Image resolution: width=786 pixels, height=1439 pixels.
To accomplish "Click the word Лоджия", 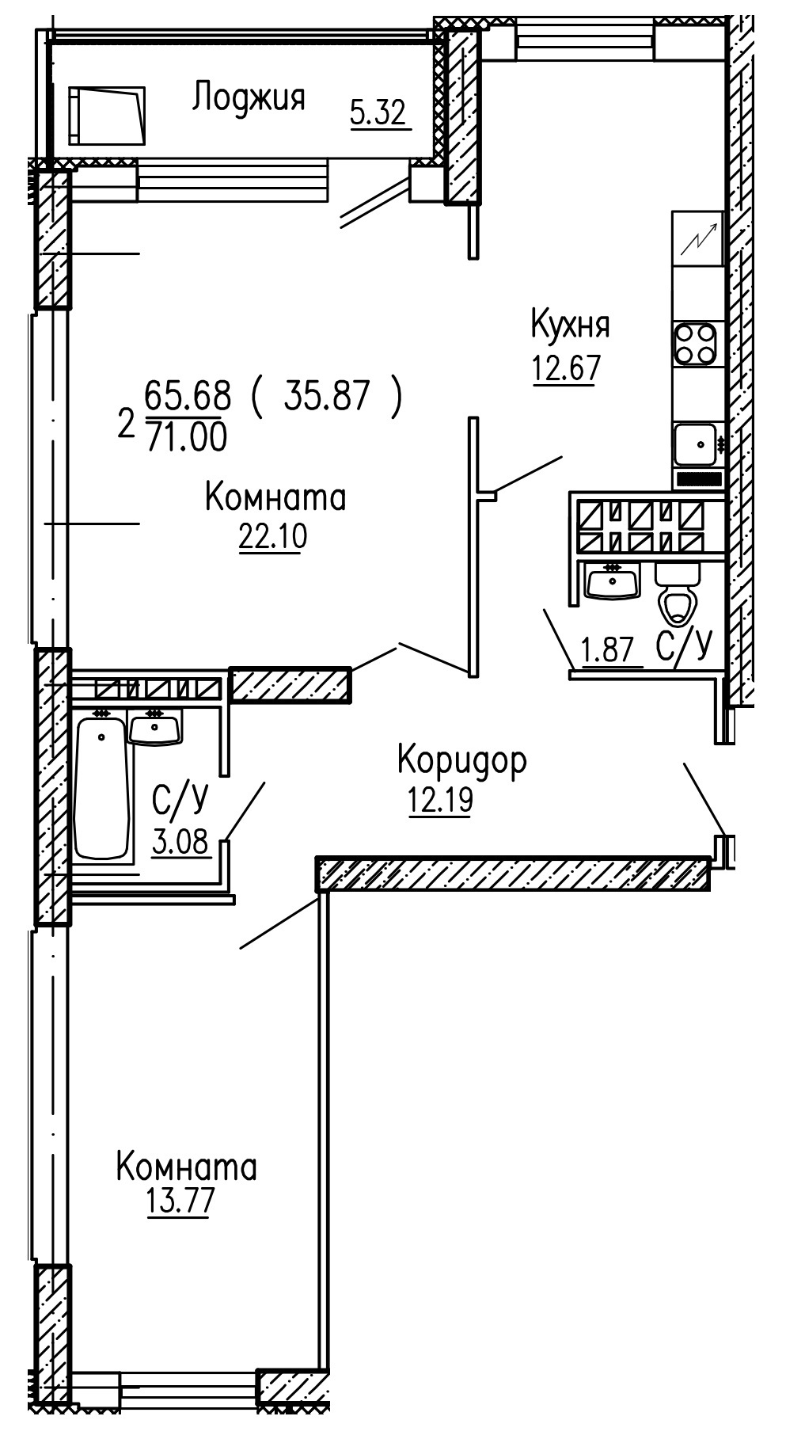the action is click(249, 99).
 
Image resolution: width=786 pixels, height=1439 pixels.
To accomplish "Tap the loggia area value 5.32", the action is click(378, 113).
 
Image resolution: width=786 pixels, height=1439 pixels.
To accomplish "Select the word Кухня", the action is click(570, 325).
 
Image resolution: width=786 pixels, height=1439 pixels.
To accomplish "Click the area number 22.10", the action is click(272, 537).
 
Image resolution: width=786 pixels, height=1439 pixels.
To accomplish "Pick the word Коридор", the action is click(461, 760).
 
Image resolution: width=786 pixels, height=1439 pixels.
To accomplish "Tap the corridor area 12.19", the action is click(440, 800).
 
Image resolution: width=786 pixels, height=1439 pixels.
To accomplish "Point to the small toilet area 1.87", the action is click(608, 651).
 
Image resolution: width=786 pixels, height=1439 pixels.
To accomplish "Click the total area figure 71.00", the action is click(187, 436).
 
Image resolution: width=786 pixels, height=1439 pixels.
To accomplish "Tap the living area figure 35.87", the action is click(327, 396).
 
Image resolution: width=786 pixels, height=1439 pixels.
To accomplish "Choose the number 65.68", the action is click(188, 394).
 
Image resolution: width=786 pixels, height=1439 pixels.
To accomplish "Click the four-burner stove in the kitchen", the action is click(697, 345).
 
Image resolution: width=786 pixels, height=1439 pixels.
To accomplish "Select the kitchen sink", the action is click(695, 444).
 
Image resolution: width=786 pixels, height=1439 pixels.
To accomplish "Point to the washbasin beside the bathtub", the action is click(155, 727).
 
